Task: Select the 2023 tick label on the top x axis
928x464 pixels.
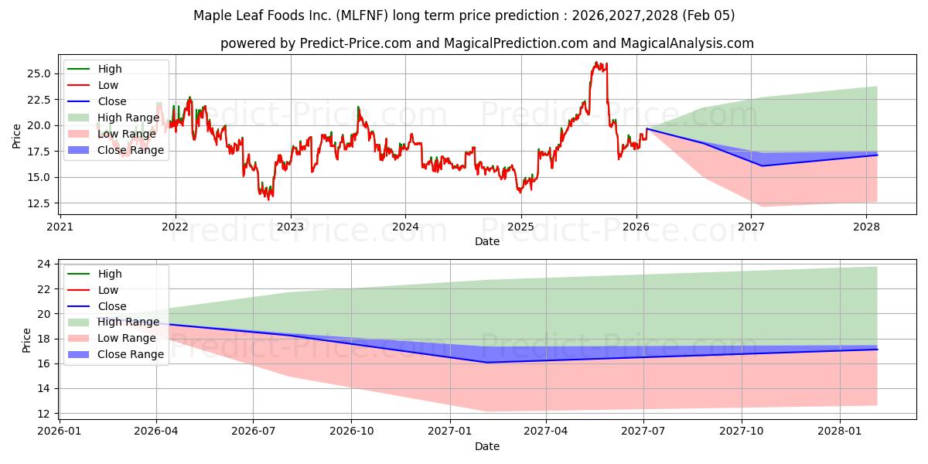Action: point(291,227)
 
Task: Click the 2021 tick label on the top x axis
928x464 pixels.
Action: point(60,227)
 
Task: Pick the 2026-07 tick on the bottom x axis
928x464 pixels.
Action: point(254,432)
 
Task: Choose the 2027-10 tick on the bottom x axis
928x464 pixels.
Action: point(742,432)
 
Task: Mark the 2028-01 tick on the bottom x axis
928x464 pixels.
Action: point(839,432)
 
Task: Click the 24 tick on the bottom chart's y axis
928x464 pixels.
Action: point(44,264)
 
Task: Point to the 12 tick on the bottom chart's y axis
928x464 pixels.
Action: point(44,413)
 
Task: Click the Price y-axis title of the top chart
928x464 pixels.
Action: point(17,135)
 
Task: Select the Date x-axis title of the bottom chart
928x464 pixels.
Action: point(487,446)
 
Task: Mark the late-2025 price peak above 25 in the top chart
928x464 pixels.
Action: point(596,63)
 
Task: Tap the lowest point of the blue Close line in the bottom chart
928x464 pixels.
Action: point(486,362)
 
